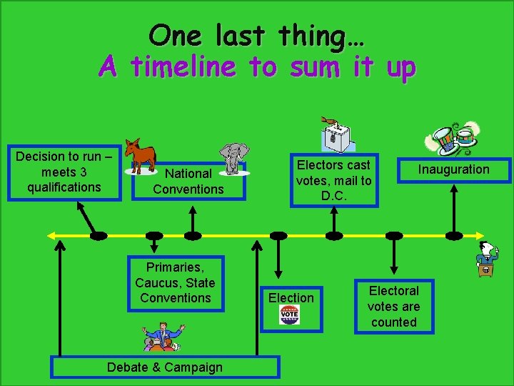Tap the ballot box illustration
pos(336,134)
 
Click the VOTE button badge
pos(290,315)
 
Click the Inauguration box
pos(453,169)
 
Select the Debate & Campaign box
pos(164,367)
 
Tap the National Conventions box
pos(188,181)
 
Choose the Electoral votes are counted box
pos(393,306)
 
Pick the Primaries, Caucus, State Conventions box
pos(176,283)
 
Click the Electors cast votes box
pos(333,180)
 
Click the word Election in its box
pos(291,297)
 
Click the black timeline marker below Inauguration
pos(454,235)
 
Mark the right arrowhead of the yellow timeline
pos(481,235)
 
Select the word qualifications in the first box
pos(64,187)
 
